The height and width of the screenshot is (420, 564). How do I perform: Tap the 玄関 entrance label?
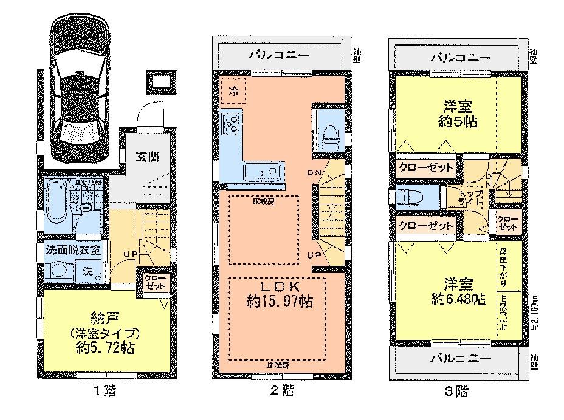click(148, 157)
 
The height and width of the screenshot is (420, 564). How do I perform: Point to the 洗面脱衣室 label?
click(72, 249)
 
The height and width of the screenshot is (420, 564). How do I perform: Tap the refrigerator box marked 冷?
click(234, 92)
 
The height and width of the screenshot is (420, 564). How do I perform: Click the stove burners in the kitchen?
click(232, 125)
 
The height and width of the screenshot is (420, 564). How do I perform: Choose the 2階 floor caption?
click(283, 391)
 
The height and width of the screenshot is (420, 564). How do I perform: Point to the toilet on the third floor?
click(407, 199)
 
